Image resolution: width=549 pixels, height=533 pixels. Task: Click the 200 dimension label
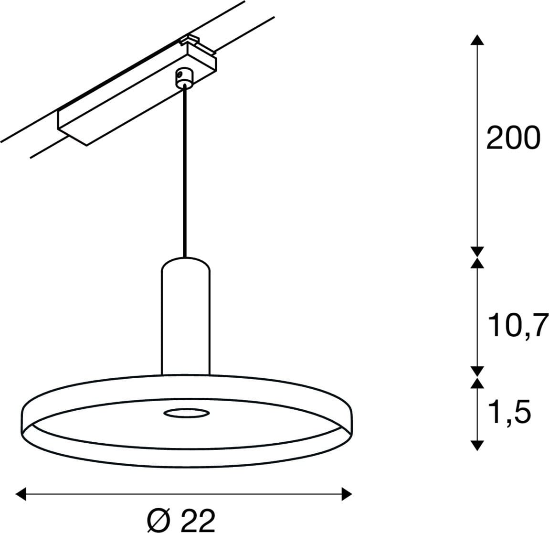513,138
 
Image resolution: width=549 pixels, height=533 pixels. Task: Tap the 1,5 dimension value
509,411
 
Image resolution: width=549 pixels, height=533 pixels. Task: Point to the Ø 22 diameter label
181,521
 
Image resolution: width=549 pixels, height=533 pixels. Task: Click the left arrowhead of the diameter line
21,494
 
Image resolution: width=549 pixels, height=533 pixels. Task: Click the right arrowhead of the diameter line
347,494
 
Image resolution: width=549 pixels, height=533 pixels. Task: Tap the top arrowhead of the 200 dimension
477,40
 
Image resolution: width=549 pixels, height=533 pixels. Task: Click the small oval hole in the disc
187,413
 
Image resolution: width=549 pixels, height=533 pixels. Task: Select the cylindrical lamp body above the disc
186,317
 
